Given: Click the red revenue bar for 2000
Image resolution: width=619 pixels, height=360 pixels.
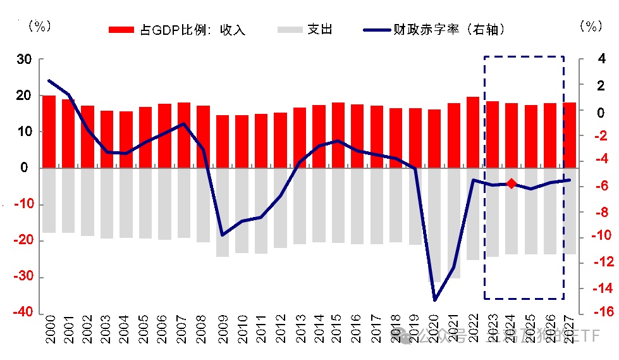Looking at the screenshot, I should tap(49, 132).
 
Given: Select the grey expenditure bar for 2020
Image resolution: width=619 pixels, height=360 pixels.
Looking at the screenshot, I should tap(434, 225).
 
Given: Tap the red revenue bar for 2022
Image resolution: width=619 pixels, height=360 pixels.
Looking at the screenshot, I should tap(473, 132).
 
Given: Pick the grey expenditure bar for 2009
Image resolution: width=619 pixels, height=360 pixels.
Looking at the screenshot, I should tap(223, 212).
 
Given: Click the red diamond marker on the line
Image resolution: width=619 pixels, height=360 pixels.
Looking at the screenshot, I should tap(512, 183).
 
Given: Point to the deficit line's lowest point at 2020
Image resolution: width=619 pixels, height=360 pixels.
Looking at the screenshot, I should tap(434, 299).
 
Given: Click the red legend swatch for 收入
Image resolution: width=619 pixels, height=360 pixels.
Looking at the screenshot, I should tap(121, 29).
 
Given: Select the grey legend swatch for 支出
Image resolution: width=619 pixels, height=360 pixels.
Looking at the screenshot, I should tap(289, 29).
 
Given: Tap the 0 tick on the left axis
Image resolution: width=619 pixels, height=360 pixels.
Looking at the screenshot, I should tap(26, 168).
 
